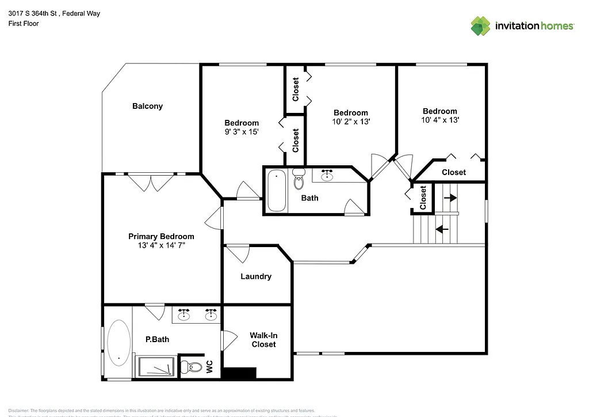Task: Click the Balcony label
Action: coord(147,106)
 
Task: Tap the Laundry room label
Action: coord(255,276)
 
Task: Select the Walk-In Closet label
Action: coord(262,340)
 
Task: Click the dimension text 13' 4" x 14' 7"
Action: coord(161,245)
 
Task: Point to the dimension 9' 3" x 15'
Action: coord(241,132)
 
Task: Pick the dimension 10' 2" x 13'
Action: coord(350,122)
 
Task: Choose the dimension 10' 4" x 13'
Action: coord(439,120)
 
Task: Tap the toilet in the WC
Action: coord(193,366)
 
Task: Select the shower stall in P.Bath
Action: coord(156,366)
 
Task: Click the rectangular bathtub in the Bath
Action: coord(277,191)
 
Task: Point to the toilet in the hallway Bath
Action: coord(299,180)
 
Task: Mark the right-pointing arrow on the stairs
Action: coord(450,198)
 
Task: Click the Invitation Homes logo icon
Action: coord(481,25)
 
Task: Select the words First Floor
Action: coord(24,24)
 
